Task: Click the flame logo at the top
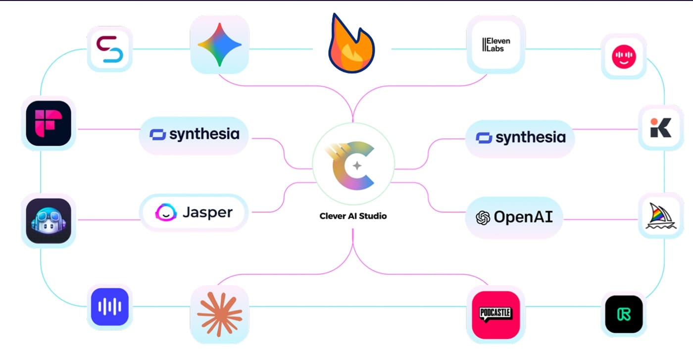coord(351,45)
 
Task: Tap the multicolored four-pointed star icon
coord(219,45)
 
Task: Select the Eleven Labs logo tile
coord(495,45)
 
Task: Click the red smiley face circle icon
coord(623,56)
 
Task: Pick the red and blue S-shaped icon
coord(109,49)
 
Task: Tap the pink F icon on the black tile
coord(49,123)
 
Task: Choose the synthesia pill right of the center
coord(520,138)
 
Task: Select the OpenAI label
coord(514,217)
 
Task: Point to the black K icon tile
coord(660,128)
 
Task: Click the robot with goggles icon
coord(49,220)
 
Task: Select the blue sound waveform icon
coord(109,307)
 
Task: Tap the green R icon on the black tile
coord(624,314)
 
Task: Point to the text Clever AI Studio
coord(353,216)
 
